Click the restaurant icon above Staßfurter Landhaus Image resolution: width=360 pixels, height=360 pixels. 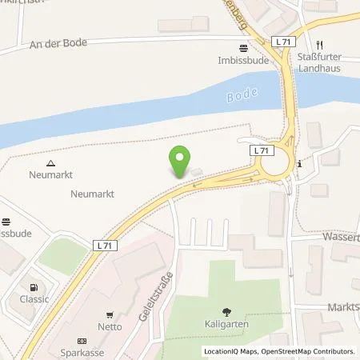[x=319, y=44]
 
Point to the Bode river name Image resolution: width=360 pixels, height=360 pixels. [x=243, y=94]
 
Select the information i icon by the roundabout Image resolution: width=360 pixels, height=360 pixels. [x=298, y=164]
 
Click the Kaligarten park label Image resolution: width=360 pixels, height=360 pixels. [x=230, y=326]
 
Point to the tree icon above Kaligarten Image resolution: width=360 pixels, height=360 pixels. [x=230, y=313]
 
